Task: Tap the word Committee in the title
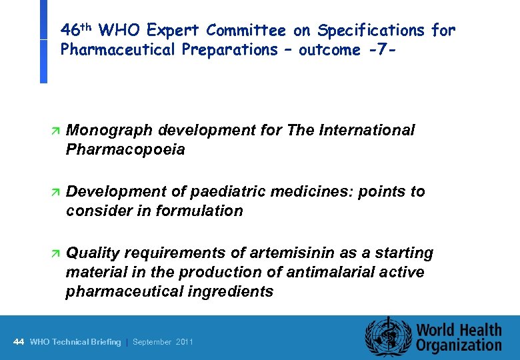(246, 31)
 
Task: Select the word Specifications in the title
(371, 31)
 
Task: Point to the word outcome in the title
(331, 50)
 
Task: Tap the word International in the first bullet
(370, 130)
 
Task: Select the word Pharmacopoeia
(125, 150)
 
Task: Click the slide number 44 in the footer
(19, 342)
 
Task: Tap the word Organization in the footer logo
(459, 345)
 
